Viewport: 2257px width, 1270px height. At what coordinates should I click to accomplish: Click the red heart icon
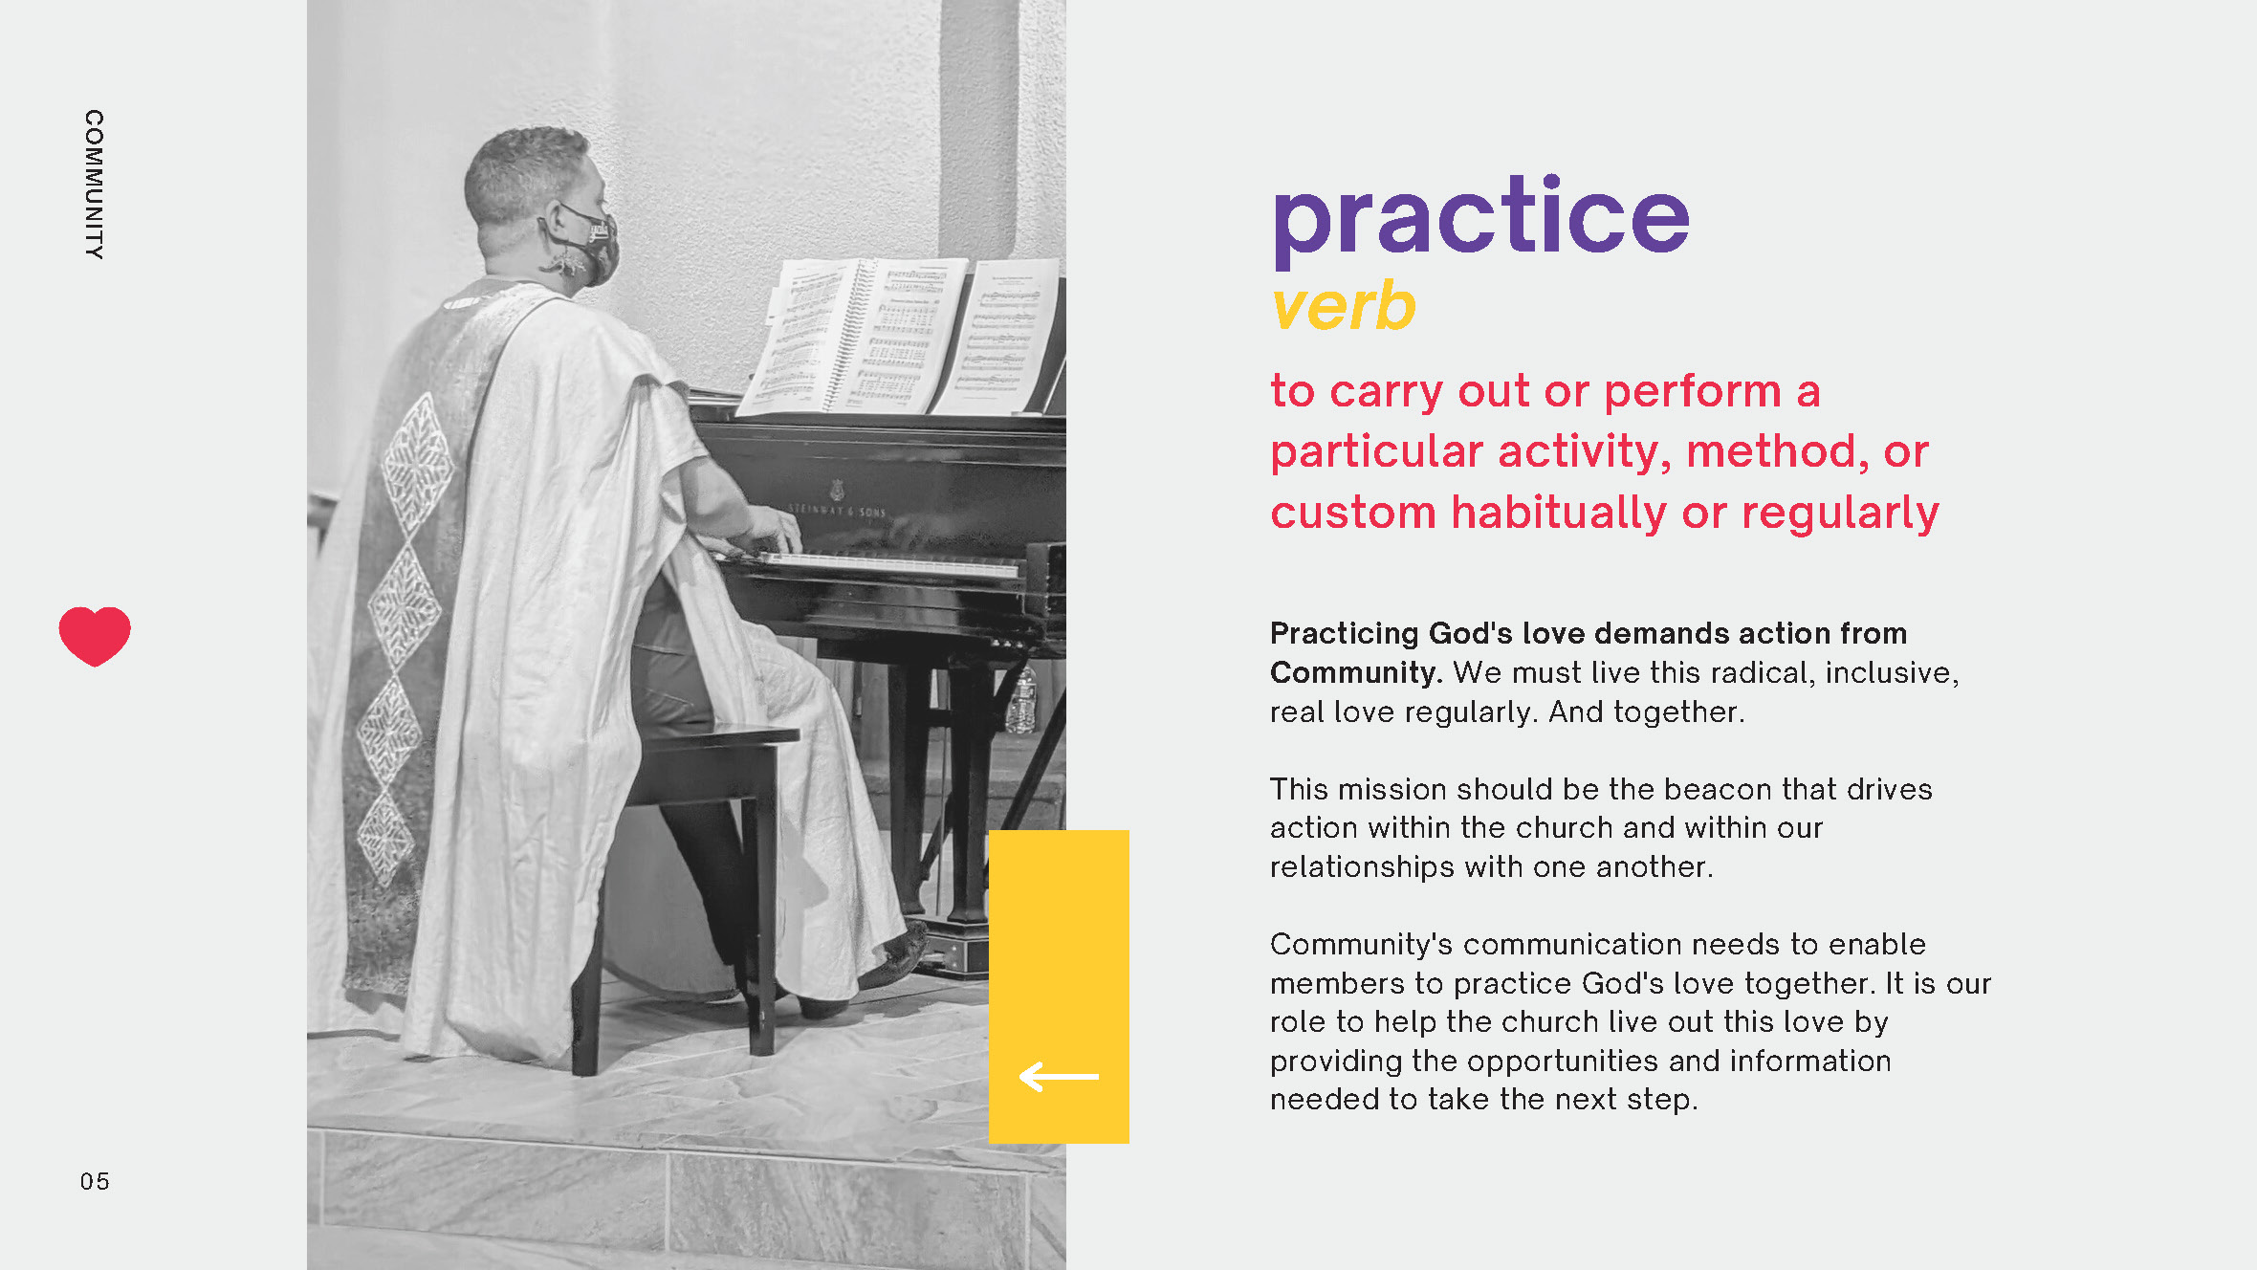click(95, 635)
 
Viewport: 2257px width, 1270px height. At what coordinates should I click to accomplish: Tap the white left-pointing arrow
click(1059, 1077)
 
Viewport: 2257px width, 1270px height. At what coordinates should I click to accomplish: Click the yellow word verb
click(1343, 307)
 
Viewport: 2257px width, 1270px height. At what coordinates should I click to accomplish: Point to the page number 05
click(95, 1182)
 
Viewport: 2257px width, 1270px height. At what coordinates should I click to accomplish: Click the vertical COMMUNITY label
click(94, 184)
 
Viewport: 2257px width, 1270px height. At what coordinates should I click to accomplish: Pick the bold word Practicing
click(1344, 633)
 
